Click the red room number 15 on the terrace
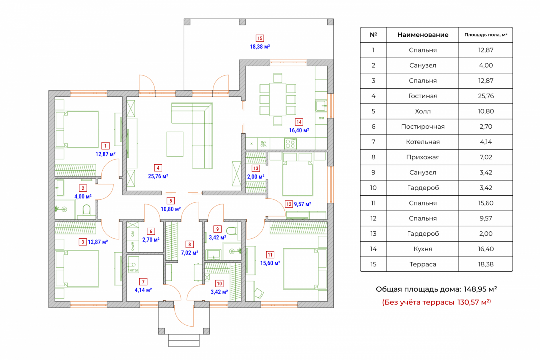point(260,38)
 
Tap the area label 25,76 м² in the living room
point(158,176)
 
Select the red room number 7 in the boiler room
point(143,282)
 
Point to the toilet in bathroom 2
point(87,210)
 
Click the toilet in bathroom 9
point(231,231)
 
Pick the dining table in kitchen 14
point(278,100)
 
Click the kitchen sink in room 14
point(321,106)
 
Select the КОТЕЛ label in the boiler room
point(133,270)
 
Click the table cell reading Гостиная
point(423,96)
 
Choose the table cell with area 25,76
point(485,96)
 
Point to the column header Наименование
point(423,35)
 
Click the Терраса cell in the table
point(423,264)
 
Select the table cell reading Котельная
point(423,142)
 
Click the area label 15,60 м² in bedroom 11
point(270,263)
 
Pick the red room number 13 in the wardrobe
point(256,168)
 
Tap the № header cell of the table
point(373,35)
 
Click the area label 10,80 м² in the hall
point(171,209)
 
